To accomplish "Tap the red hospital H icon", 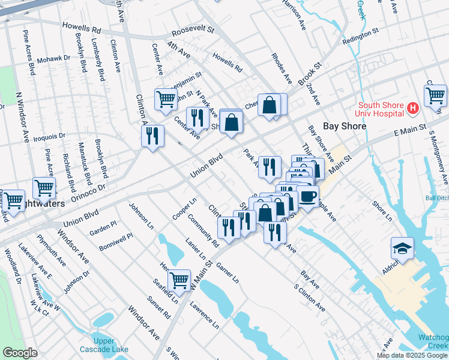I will click(x=412, y=108).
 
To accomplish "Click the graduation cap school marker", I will click(x=402, y=248).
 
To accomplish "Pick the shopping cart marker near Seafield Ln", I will click(x=179, y=280).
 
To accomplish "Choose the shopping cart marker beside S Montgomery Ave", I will click(x=435, y=95).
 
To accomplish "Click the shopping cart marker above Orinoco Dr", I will click(x=44, y=188).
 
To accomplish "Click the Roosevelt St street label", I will click(x=192, y=29).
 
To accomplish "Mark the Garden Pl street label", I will click(x=103, y=227).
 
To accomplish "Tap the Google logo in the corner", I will click(x=20, y=353).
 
